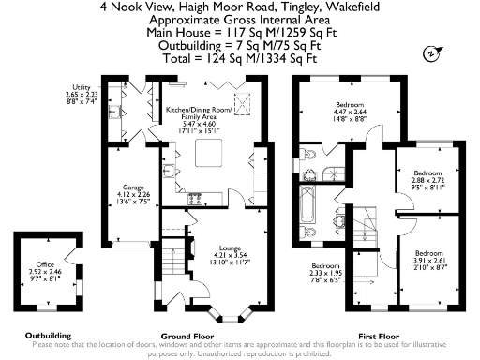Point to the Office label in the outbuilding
click(46, 264)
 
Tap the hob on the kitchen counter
click(197, 199)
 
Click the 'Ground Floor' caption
click(187, 336)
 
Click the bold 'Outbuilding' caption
click(48, 336)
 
